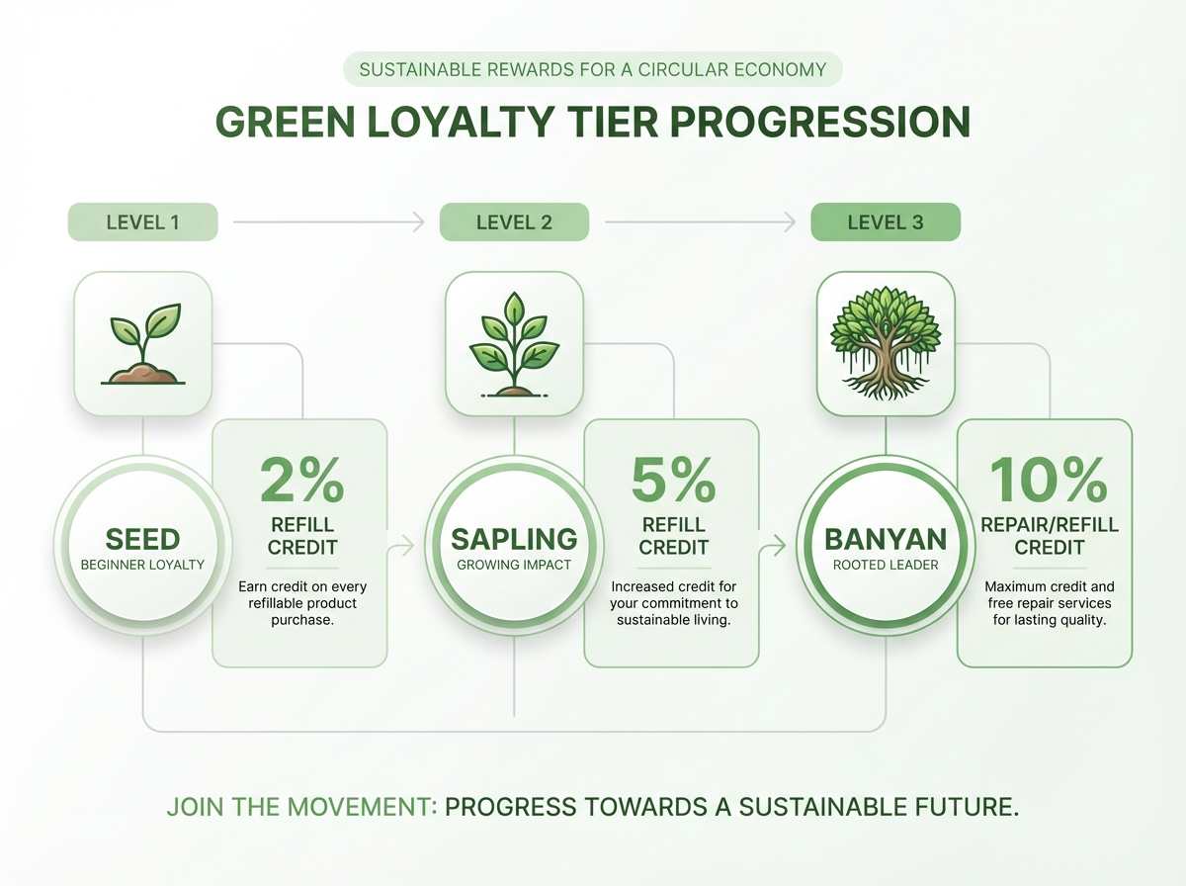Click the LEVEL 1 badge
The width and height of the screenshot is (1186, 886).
click(142, 222)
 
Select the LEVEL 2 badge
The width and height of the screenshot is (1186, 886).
click(514, 222)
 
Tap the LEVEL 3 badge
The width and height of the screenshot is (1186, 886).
click(886, 222)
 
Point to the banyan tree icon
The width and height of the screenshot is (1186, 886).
click(886, 343)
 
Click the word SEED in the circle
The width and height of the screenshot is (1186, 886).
click(143, 540)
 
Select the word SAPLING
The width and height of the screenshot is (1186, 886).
click(514, 540)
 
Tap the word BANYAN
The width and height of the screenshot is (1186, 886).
click(886, 540)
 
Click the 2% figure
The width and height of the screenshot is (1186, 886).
click(301, 480)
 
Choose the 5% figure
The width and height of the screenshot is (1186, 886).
click(673, 480)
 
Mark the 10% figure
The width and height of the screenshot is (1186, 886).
click(1048, 480)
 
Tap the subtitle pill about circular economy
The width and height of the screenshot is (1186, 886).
click(593, 70)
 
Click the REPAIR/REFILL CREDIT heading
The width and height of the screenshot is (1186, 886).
click(1048, 536)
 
